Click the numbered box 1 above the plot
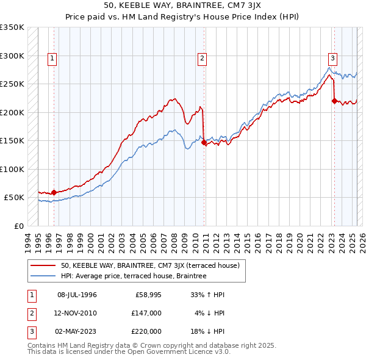(x=53, y=59)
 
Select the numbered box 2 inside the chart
(x=202, y=59)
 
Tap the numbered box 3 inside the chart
(x=332, y=59)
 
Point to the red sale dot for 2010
(x=204, y=143)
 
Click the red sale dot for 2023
(x=334, y=101)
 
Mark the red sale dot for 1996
(x=54, y=192)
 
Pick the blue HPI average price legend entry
(x=134, y=276)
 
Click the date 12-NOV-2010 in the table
(x=77, y=313)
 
